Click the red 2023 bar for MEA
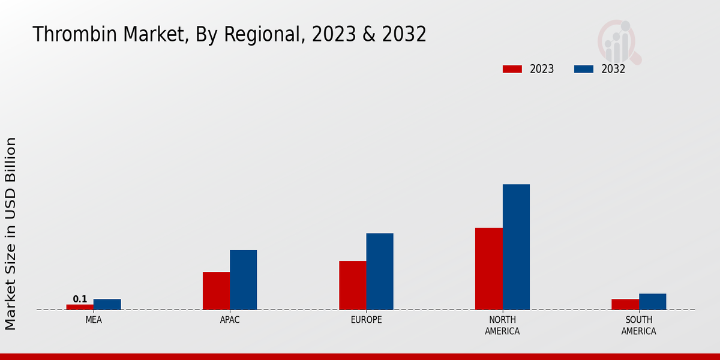click(80, 307)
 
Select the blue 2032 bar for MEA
click(107, 304)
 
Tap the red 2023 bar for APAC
click(216, 291)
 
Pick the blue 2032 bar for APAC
click(244, 280)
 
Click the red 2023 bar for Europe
click(353, 286)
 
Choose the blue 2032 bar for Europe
click(380, 271)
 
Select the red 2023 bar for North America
click(489, 269)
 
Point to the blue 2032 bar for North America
click(516, 247)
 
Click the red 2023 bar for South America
click(625, 304)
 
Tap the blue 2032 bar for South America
click(653, 302)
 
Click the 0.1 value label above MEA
click(80, 299)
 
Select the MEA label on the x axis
click(94, 320)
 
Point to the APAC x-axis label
click(230, 320)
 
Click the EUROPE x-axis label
click(366, 320)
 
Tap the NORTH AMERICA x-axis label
click(503, 325)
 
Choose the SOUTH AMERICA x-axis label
click(639, 325)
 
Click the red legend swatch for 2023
click(512, 69)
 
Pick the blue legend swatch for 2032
click(584, 69)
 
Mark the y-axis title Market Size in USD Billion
click(11, 233)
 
